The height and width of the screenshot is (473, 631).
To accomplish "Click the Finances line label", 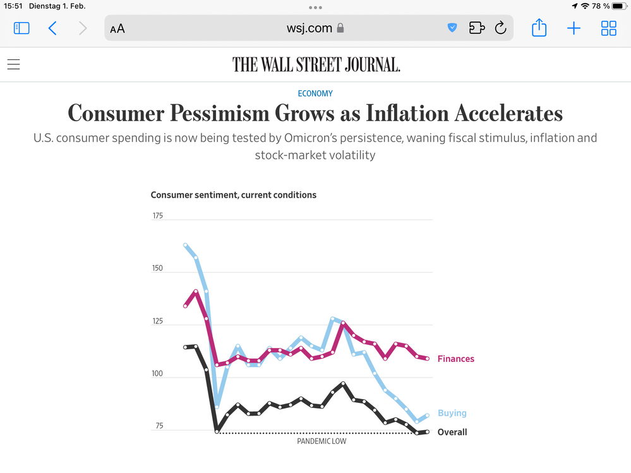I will pyautogui.click(x=455, y=359).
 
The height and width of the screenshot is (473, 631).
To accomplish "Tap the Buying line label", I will pyautogui.click(x=452, y=413).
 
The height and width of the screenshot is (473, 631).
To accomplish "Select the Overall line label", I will pyautogui.click(x=452, y=432).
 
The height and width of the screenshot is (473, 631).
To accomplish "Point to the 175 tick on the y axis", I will pyautogui.click(x=157, y=216).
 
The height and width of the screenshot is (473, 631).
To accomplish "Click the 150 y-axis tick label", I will pyautogui.click(x=157, y=268).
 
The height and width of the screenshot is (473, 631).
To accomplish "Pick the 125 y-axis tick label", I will pyautogui.click(x=157, y=321).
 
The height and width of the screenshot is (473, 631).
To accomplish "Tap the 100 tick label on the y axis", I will pyautogui.click(x=157, y=374).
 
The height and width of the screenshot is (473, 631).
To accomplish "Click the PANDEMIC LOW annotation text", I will pyautogui.click(x=322, y=441).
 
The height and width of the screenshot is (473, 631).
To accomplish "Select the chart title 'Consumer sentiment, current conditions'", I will pyautogui.click(x=233, y=195).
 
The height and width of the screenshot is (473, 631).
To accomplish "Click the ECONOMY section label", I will pyautogui.click(x=315, y=93).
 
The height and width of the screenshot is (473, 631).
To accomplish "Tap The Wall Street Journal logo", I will pyautogui.click(x=316, y=64).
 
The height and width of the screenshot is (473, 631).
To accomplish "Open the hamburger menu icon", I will pyautogui.click(x=13, y=64).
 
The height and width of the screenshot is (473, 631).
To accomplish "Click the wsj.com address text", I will pyautogui.click(x=309, y=28).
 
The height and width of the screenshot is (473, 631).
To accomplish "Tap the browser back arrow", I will pyautogui.click(x=52, y=28).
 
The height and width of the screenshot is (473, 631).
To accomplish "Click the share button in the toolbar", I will pyautogui.click(x=539, y=28).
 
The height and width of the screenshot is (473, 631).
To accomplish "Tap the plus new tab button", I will pyautogui.click(x=574, y=28).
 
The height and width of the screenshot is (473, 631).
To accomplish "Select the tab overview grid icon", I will pyautogui.click(x=609, y=28).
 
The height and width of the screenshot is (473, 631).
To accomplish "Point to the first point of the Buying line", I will pyautogui.click(x=185, y=245).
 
